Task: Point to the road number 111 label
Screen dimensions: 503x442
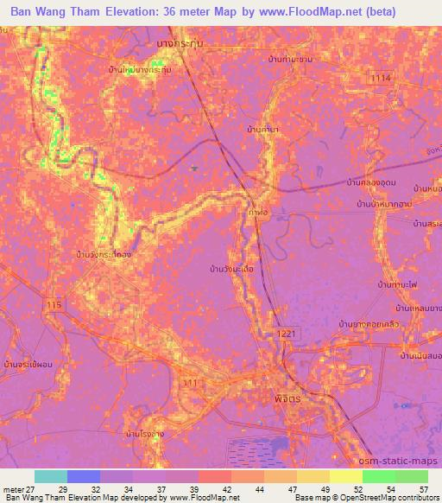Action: pos(189,382)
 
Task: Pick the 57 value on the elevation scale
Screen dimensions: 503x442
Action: pos(423,488)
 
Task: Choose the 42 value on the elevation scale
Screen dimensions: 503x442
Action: pos(225,488)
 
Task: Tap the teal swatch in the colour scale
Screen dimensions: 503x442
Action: pos(51,476)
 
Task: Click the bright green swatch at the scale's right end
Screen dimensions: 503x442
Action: pos(412,476)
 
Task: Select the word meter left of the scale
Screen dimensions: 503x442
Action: pos(12,488)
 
